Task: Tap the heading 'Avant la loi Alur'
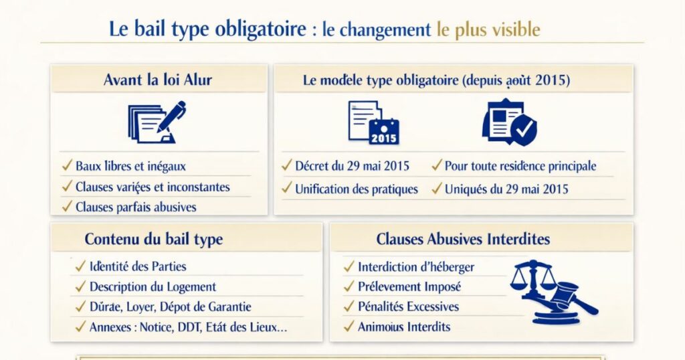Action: (x=158, y=80)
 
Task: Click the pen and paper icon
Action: (x=157, y=122)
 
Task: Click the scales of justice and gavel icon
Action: (x=554, y=291)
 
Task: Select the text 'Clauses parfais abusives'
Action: (x=136, y=207)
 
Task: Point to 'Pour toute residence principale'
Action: (x=520, y=166)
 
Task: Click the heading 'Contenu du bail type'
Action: (x=154, y=239)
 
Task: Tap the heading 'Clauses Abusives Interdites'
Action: (x=463, y=239)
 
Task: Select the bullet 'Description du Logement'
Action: (x=153, y=286)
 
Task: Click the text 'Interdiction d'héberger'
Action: (x=416, y=267)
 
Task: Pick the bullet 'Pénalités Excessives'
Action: (x=409, y=306)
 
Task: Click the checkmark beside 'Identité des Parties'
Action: (x=80, y=266)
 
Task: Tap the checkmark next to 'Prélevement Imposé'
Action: (x=349, y=286)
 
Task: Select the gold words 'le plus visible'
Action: (x=488, y=29)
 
